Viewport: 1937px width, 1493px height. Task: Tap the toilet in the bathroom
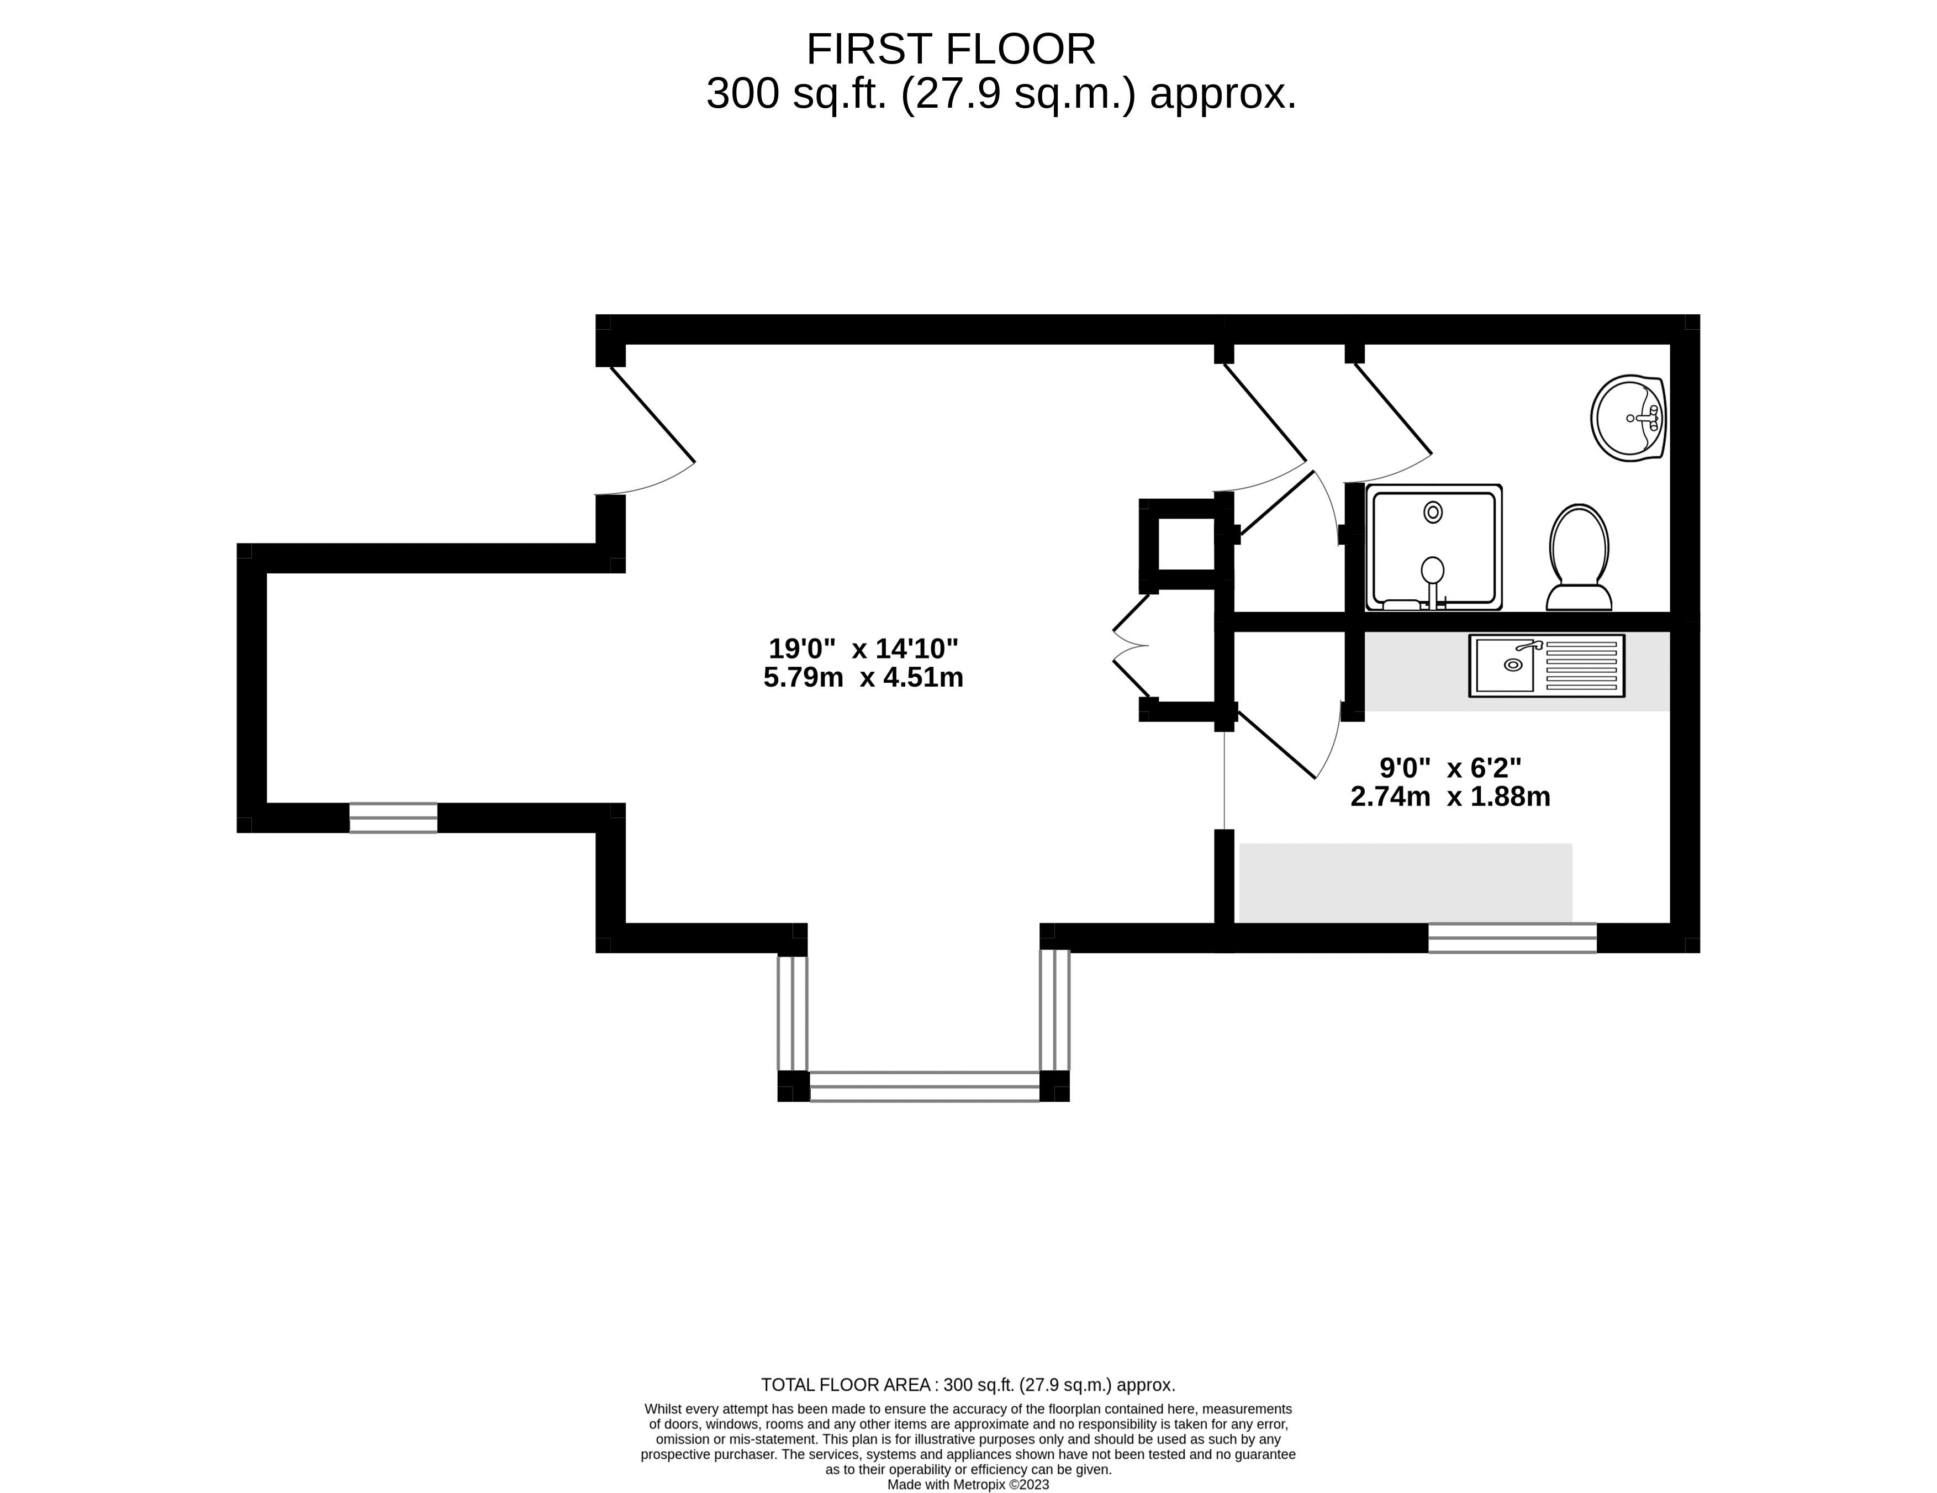[x=1579, y=559]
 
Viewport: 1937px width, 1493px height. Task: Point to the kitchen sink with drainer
[x=1546, y=666]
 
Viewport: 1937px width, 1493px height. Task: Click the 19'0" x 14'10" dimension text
[x=863, y=648]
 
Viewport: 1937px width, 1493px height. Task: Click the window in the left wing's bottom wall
[x=393, y=818]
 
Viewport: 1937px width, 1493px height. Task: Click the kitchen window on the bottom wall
[x=1512, y=938]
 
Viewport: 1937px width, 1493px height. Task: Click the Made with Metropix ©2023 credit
[x=968, y=1485]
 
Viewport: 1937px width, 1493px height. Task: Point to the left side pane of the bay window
[x=792, y=1013]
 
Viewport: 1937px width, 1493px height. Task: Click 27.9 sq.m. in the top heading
[x=1018, y=94]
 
